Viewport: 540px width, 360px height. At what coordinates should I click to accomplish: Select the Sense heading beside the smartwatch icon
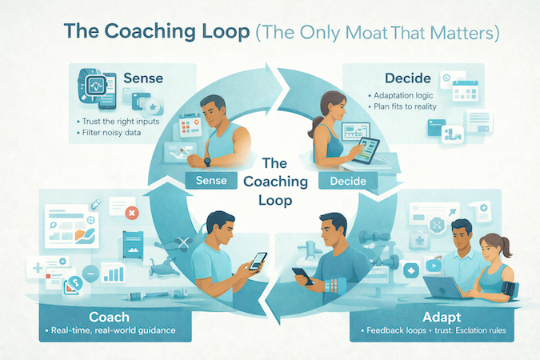(x=144, y=79)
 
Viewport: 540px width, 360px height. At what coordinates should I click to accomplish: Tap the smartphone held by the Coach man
(x=258, y=261)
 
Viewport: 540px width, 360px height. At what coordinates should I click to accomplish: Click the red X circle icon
(x=130, y=214)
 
